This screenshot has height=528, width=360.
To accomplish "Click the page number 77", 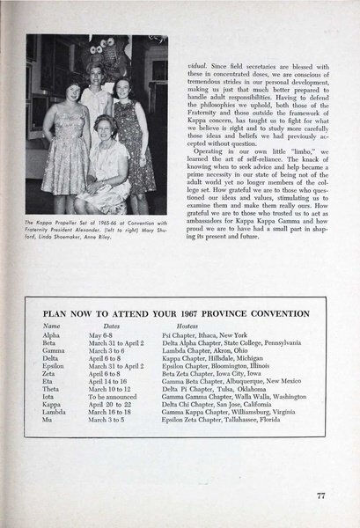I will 322,495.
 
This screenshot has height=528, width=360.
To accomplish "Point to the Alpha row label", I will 52,334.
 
